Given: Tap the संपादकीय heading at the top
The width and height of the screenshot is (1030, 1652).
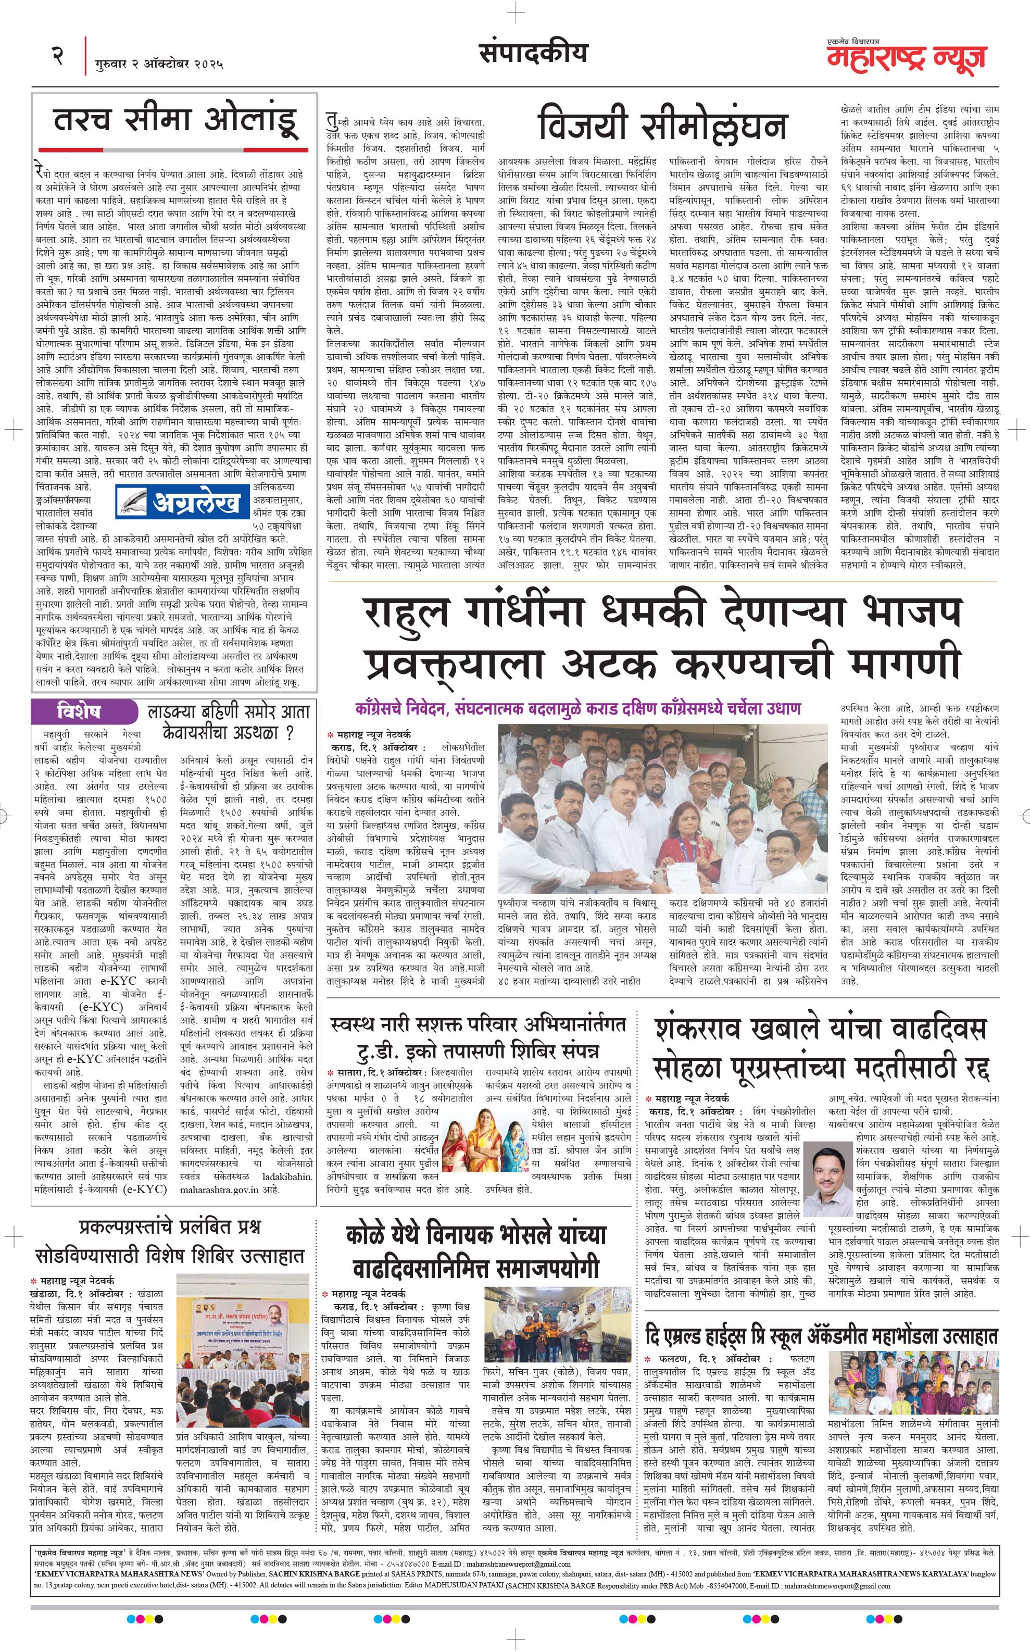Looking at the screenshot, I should pyautogui.click(x=533, y=53).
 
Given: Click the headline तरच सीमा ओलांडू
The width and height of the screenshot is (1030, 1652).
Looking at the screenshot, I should pyautogui.click(x=176, y=121).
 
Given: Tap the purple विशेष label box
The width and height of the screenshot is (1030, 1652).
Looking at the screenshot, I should pyautogui.click(x=80, y=712).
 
